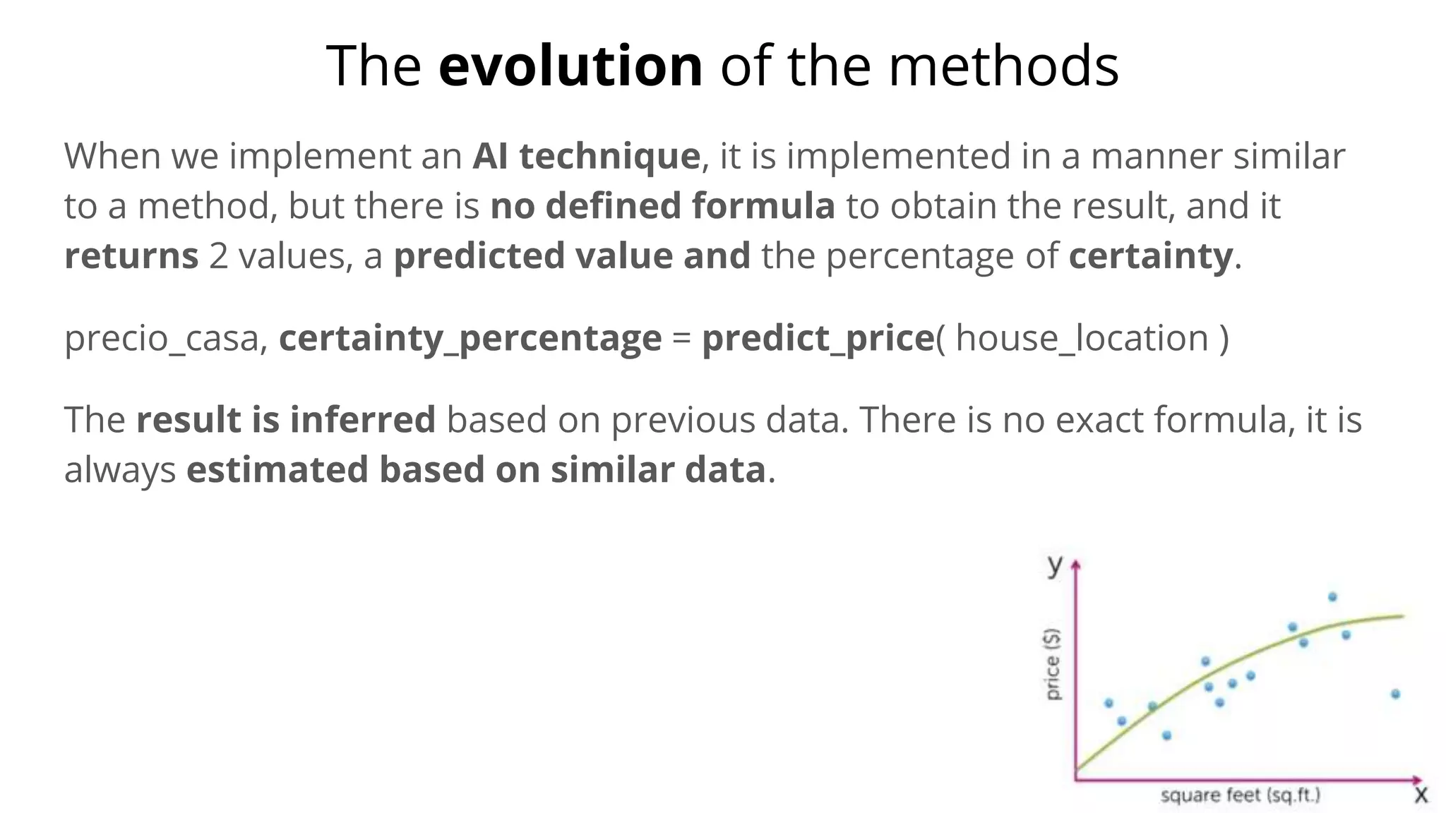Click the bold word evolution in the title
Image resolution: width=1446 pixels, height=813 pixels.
570,66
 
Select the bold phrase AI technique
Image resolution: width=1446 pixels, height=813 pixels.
586,156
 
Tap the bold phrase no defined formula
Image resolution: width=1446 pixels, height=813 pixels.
662,206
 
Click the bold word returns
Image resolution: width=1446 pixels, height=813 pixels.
131,256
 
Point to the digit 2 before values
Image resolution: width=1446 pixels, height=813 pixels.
219,256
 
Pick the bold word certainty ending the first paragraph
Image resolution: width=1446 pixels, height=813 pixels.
1150,256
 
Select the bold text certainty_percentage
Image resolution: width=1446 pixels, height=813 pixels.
470,338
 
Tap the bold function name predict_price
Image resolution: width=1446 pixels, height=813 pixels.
818,338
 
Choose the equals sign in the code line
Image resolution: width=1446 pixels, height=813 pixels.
681,339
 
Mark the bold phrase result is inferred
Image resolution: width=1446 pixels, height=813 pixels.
285,420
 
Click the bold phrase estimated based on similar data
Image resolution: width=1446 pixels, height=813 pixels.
476,470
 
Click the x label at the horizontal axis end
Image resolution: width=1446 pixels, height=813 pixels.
1421,795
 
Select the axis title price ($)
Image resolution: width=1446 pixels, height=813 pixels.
1053,664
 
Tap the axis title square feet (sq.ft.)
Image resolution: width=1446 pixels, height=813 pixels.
1240,795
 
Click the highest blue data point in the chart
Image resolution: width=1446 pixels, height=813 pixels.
1332,597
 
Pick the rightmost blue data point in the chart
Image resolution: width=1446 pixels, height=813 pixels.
1395,694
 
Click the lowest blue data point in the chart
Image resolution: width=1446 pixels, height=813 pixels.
1166,735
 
